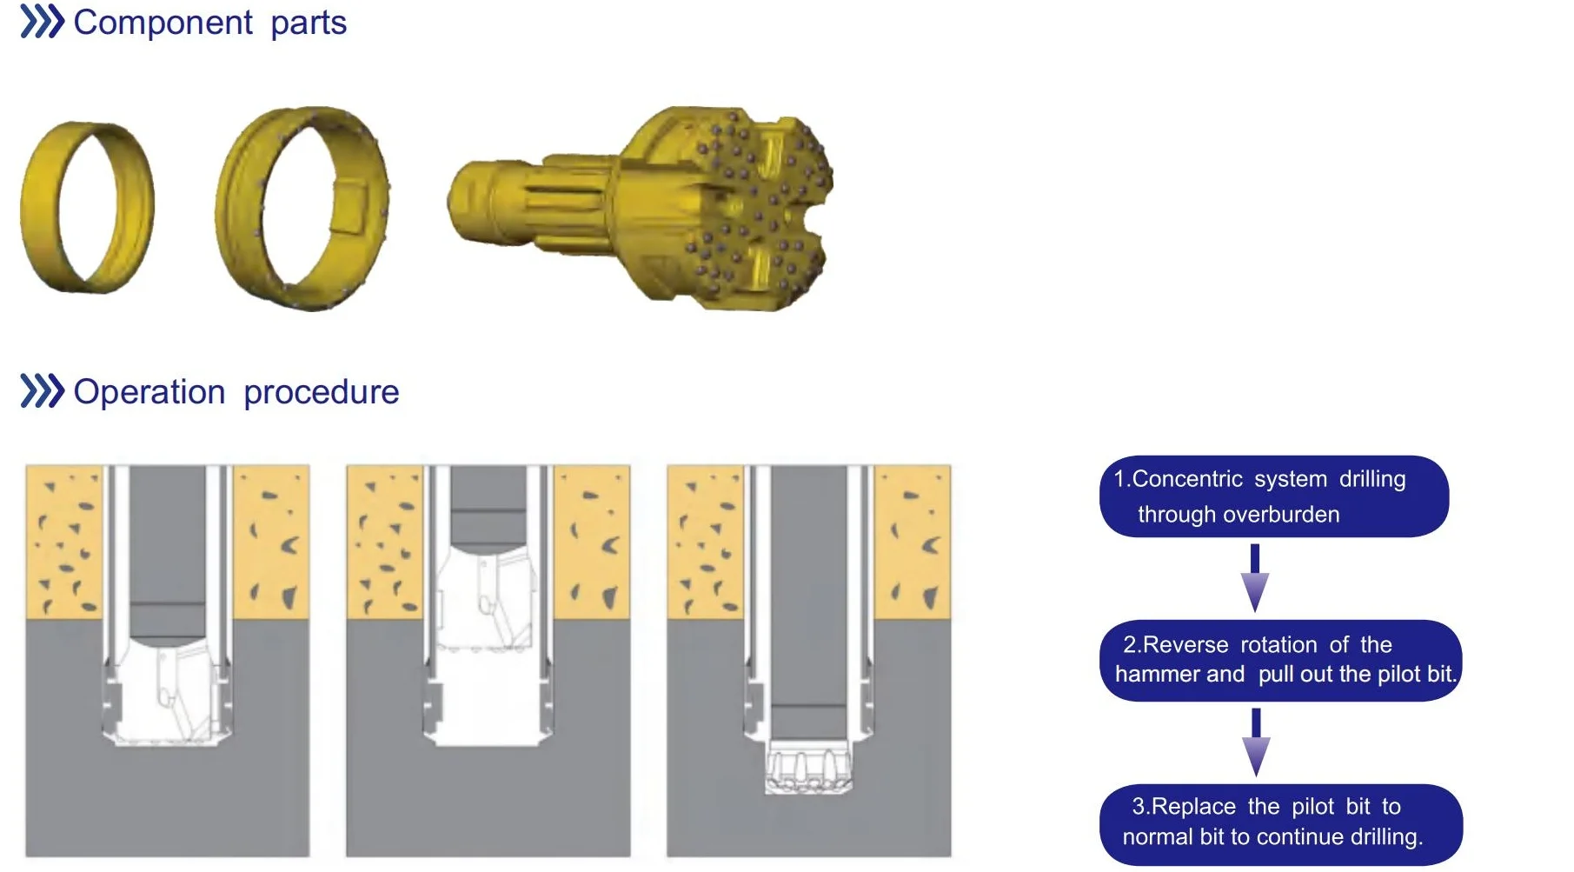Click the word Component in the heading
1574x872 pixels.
pyautogui.click(x=163, y=23)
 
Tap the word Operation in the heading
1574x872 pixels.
pyautogui.click(x=149, y=393)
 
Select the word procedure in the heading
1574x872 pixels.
pyautogui.click(x=322, y=393)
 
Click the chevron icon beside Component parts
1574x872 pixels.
pyautogui.click(x=42, y=22)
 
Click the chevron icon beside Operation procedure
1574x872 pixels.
pyautogui.click(x=42, y=391)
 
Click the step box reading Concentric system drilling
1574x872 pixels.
pyautogui.click(x=1274, y=496)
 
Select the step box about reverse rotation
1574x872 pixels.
pyautogui.click(x=1281, y=660)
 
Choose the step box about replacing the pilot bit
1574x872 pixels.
pyautogui.click(x=1281, y=823)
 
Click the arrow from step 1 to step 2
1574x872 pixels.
pyautogui.click(x=1255, y=578)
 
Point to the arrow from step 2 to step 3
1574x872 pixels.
pyautogui.click(x=1255, y=742)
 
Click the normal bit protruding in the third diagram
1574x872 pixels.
pyautogui.click(x=808, y=767)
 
